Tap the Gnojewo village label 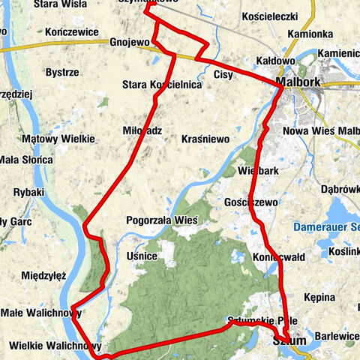[x=129, y=42]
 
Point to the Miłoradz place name [x=142, y=130]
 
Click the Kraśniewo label [x=205, y=139]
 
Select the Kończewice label [x=71, y=32]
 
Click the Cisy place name [x=223, y=74]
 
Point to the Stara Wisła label [x=57, y=4]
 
